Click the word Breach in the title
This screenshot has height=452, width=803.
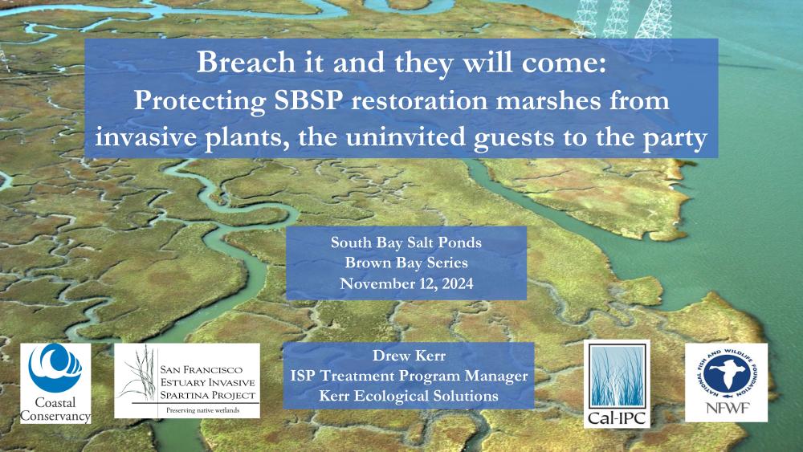point(246,62)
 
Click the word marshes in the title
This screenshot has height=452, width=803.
point(552,100)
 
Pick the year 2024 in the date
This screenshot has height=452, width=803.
point(455,283)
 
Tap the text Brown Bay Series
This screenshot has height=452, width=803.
point(406,263)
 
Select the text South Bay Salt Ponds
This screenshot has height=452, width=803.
point(406,242)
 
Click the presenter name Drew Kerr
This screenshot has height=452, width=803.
point(409,355)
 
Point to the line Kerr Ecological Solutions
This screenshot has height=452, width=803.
point(409,396)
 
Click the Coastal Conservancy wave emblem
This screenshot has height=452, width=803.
point(55,367)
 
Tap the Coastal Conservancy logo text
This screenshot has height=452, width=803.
point(55,409)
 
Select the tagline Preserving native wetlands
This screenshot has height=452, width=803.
point(203,410)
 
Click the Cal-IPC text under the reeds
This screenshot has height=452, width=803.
point(617,418)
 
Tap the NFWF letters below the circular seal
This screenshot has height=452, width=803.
point(728,408)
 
